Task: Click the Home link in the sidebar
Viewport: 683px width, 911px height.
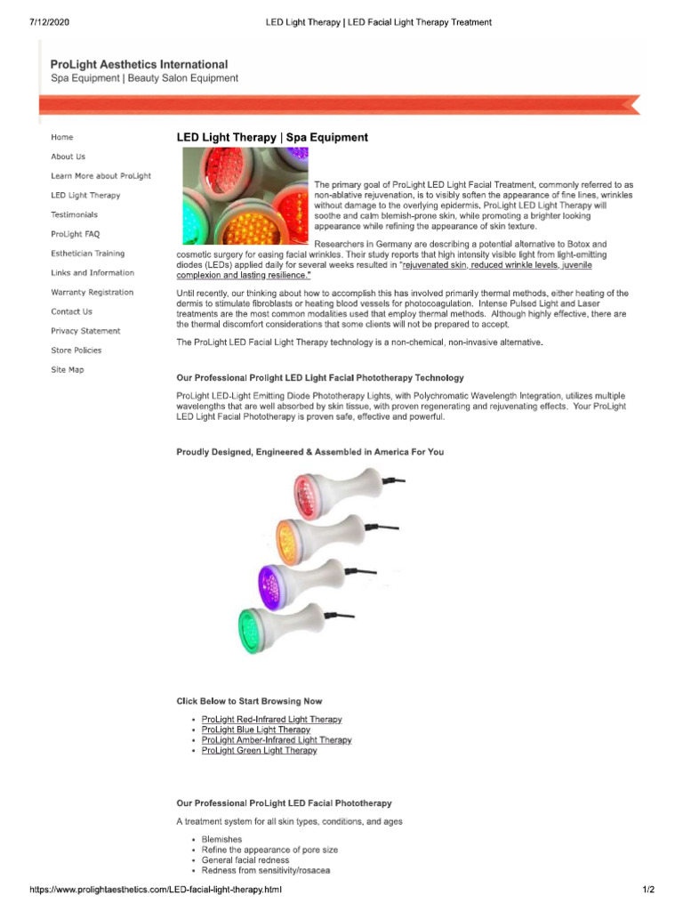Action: (x=62, y=137)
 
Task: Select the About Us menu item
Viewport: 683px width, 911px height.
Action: (x=68, y=157)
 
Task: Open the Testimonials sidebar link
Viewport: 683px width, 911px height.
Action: (x=75, y=214)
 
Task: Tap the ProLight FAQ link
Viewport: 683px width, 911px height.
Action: (x=76, y=234)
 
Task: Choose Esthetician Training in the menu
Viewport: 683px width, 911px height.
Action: (x=88, y=254)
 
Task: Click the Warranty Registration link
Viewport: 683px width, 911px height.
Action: (x=92, y=292)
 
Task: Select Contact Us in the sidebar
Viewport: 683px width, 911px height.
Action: (x=72, y=311)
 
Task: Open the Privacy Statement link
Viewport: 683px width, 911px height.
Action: (x=86, y=331)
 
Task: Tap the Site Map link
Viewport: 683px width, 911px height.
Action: (x=68, y=369)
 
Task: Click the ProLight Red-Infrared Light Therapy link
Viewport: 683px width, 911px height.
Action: (x=271, y=719)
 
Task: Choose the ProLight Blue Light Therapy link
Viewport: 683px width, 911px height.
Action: (x=256, y=730)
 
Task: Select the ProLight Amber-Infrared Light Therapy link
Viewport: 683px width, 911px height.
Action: (x=277, y=740)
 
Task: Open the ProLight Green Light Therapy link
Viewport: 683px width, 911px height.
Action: (x=259, y=751)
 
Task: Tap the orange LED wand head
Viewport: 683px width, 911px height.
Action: (x=295, y=538)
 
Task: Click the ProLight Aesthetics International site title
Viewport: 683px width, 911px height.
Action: (x=139, y=65)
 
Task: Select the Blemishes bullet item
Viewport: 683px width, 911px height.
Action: (x=221, y=839)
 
